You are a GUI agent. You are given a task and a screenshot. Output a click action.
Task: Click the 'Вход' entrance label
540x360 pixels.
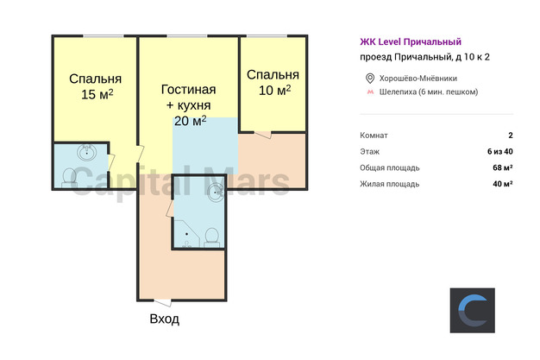point(164,319)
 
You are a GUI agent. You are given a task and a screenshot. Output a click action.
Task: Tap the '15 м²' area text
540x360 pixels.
point(97,94)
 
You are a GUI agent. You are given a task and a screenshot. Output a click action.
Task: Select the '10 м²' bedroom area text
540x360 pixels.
point(274,90)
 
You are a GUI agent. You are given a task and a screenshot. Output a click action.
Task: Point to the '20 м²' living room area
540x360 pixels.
point(190,121)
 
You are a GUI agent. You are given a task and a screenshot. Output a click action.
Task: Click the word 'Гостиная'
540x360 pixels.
point(189,90)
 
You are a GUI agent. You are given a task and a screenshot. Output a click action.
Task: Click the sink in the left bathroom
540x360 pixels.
point(86,153)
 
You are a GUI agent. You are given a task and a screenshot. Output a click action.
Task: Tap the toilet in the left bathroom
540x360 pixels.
point(69,178)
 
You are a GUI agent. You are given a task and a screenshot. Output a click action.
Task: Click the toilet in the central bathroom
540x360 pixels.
point(211,237)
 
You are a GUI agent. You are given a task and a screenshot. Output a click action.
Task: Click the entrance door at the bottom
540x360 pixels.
point(162,303)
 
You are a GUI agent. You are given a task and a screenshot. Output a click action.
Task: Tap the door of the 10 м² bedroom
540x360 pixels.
point(263,135)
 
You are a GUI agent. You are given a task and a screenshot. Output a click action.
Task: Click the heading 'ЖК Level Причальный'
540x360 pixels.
point(411,41)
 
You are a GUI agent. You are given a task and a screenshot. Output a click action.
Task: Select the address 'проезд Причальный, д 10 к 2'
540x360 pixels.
point(424,57)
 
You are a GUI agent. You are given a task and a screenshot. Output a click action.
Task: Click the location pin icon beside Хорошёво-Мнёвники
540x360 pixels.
point(370,79)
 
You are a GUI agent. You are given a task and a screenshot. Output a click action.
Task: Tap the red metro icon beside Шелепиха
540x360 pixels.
point(370,92)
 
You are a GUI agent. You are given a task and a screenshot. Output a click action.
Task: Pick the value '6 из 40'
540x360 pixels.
point(500,151)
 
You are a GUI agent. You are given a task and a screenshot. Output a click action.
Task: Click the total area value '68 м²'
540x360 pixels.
point(502,167)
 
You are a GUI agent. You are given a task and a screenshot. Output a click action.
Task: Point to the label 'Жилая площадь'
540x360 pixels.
point(390,184)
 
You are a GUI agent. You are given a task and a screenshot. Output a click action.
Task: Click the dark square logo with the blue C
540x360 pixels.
point(473,310)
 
